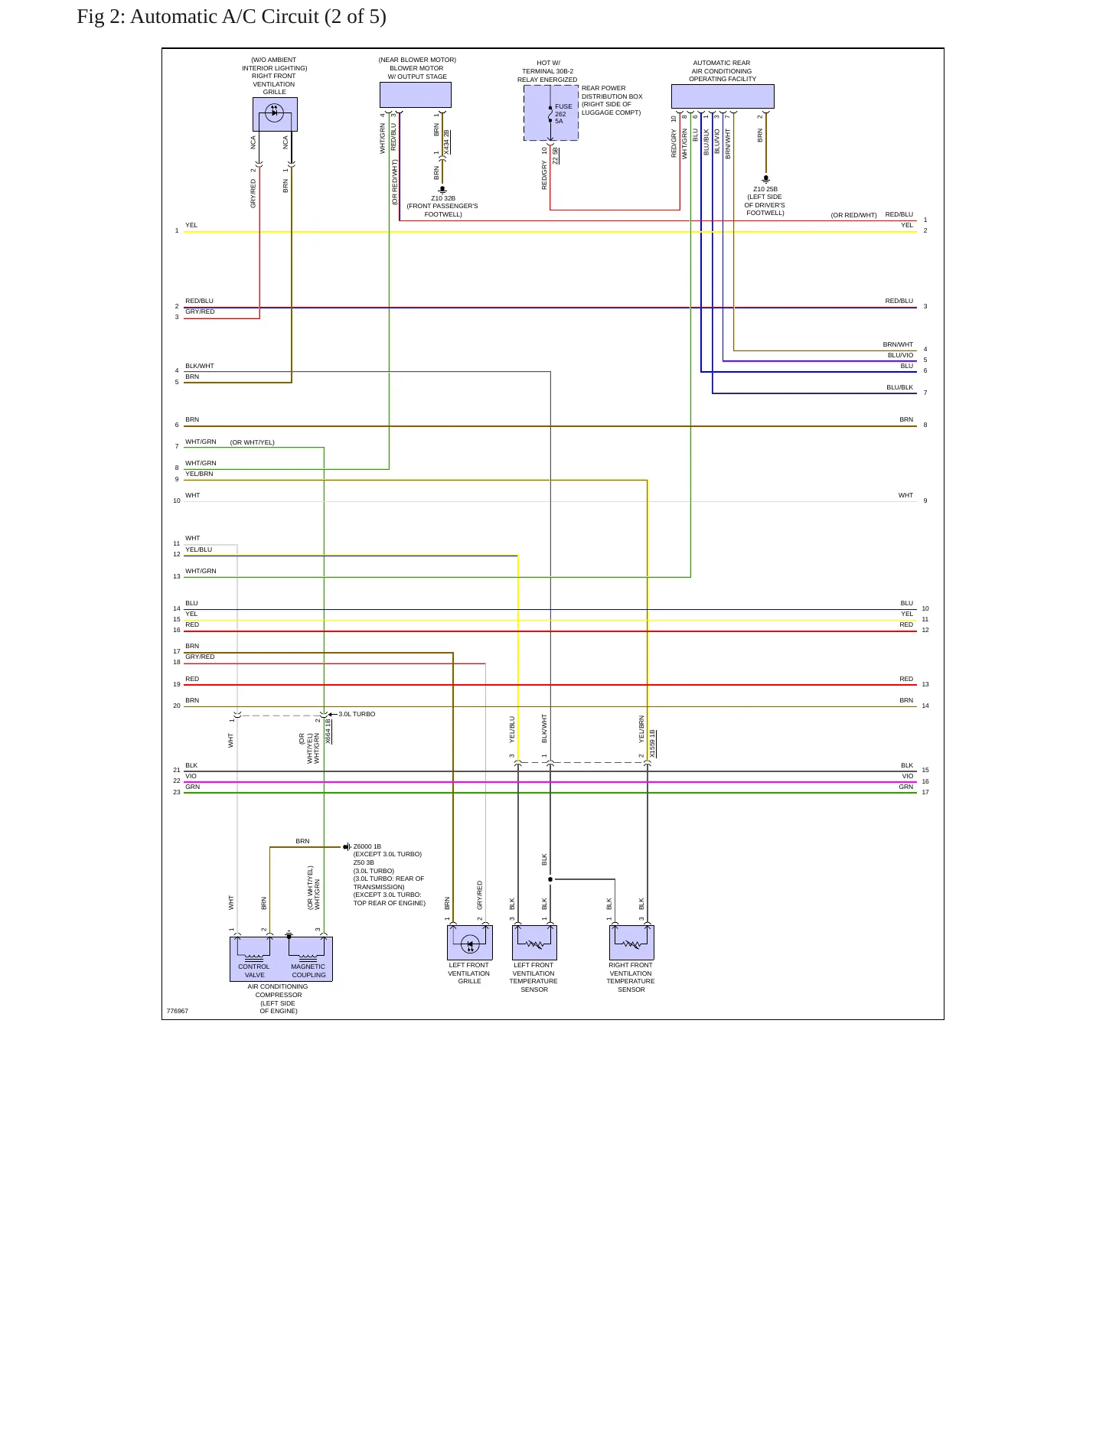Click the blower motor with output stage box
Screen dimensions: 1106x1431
[416, 95]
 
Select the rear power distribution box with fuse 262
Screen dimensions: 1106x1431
[551, 113]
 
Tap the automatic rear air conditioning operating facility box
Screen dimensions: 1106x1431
[723, 96]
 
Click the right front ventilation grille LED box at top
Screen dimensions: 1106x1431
[275, 114]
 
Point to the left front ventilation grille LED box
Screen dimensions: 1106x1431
[470, 943]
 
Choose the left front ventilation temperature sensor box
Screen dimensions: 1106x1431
[534, 943]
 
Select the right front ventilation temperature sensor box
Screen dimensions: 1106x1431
[631, 943]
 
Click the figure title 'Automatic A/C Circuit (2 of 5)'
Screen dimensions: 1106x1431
[258, 17]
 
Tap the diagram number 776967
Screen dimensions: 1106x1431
[178, 1011]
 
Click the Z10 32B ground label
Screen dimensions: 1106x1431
[443, 198]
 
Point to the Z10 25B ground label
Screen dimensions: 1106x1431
[765, 189]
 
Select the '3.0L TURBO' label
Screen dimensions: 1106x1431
[357, 714]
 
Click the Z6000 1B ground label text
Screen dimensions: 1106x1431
[367, 846]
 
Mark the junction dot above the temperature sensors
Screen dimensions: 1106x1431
[550, 879]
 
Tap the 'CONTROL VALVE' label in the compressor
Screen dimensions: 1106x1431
[254, 970]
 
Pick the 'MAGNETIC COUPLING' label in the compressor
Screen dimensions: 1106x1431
[308, 970]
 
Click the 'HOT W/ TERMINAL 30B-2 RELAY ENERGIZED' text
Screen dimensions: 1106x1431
[547, 71]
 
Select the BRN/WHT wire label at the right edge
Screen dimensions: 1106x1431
[898, 344]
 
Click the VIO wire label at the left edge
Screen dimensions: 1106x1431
[191, 776]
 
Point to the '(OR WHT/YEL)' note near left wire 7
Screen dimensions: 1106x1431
[252, 442]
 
